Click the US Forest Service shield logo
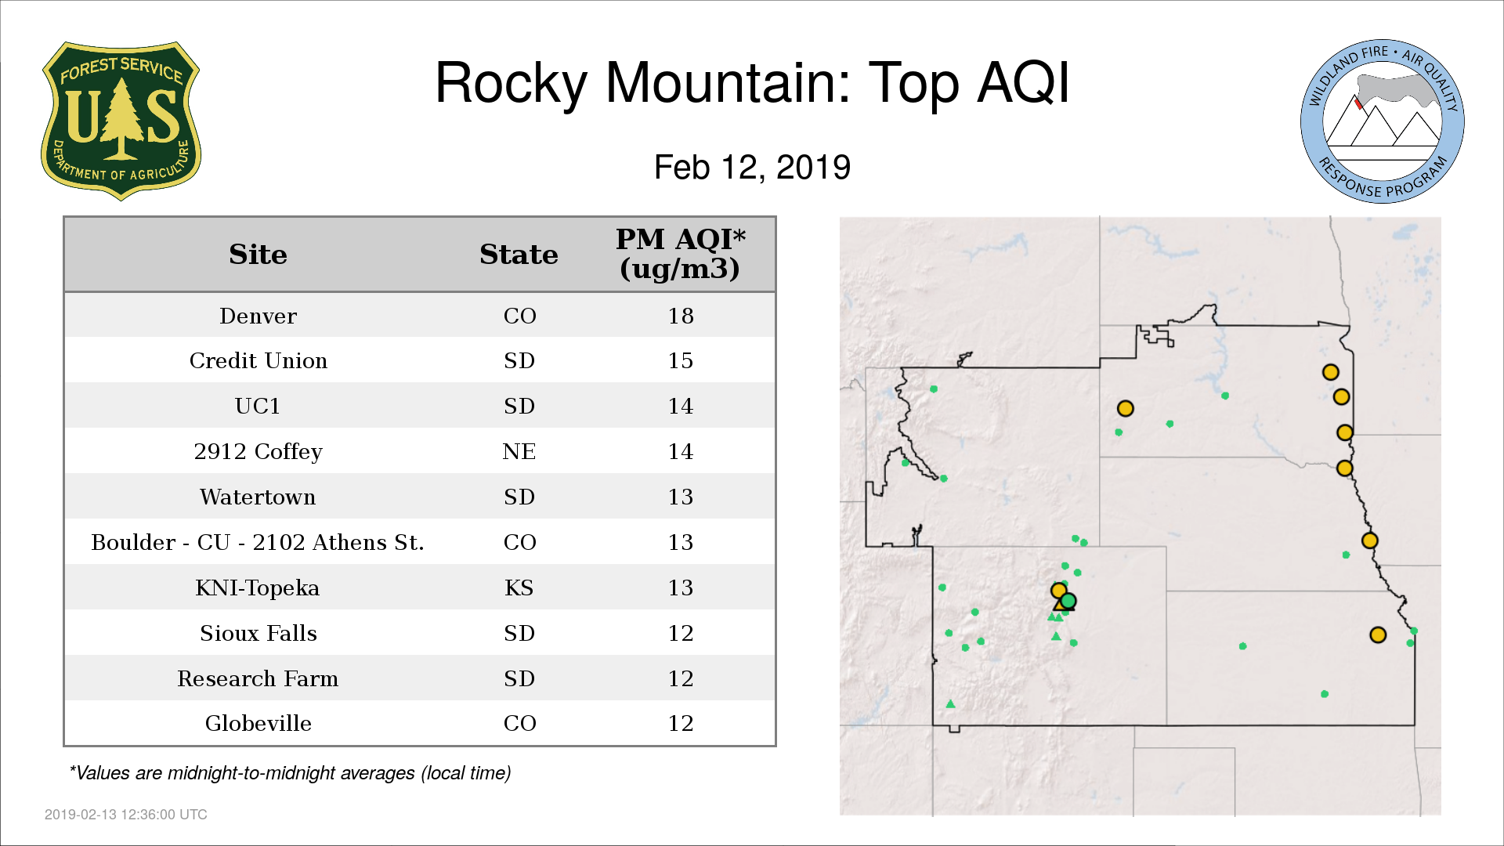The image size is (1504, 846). coord(121,121)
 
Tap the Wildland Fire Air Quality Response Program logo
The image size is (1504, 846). coord(1383,121)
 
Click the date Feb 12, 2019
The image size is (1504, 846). coord(752,167)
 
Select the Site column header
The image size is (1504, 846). coord(258,255)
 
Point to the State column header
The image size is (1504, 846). coord(519,255)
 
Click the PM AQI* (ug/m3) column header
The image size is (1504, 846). coord(680,254)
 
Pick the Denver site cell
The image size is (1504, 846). coord(258,316)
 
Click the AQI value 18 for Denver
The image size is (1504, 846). coord(680,316)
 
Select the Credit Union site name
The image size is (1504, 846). coord(258,360)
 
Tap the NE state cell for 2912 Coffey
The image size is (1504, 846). coord(519,451)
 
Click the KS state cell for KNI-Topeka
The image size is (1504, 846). coord(519,587)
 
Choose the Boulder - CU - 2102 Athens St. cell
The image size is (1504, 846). coord(258,542)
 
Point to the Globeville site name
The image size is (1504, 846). coord(258,723)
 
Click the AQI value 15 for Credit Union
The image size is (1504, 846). coord(680,360)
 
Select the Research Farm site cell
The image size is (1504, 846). coord(258,678)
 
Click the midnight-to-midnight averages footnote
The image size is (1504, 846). coord(290,773)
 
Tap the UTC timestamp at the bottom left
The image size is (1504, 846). coord(126,815)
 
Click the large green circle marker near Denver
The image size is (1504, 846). coord(1068,601)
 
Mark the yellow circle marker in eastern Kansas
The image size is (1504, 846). coord(1378,635)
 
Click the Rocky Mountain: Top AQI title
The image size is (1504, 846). coord(752,82)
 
